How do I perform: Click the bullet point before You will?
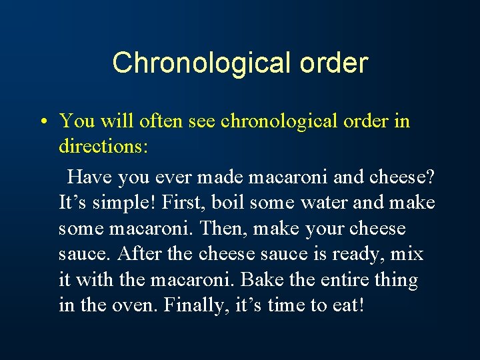(41, 122)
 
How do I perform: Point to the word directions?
(103, 147)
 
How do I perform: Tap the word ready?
(361, 255)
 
